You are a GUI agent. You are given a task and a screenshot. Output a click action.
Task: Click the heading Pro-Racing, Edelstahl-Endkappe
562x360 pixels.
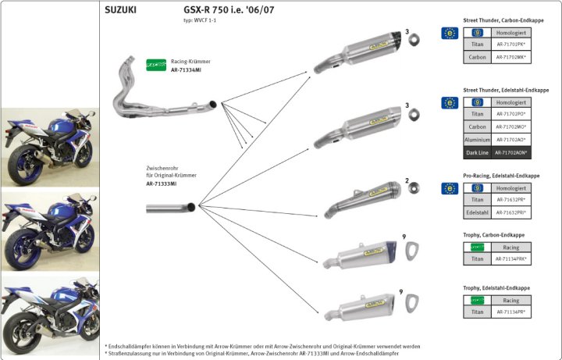(x=500, y=176)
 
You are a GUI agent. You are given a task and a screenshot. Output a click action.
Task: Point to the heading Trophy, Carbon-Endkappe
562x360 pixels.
(x=493, y=234)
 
